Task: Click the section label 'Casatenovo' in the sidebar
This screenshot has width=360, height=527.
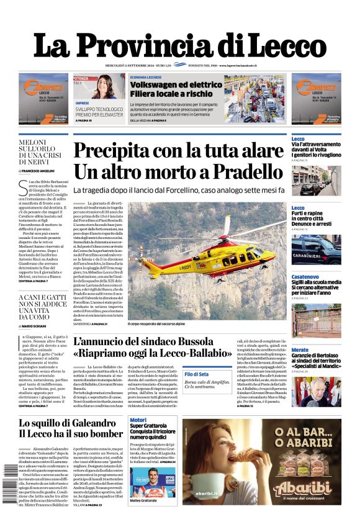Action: point(305,259)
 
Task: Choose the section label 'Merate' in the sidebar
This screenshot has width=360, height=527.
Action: point(299,350)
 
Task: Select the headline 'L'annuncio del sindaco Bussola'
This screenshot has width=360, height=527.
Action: point(143,341)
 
